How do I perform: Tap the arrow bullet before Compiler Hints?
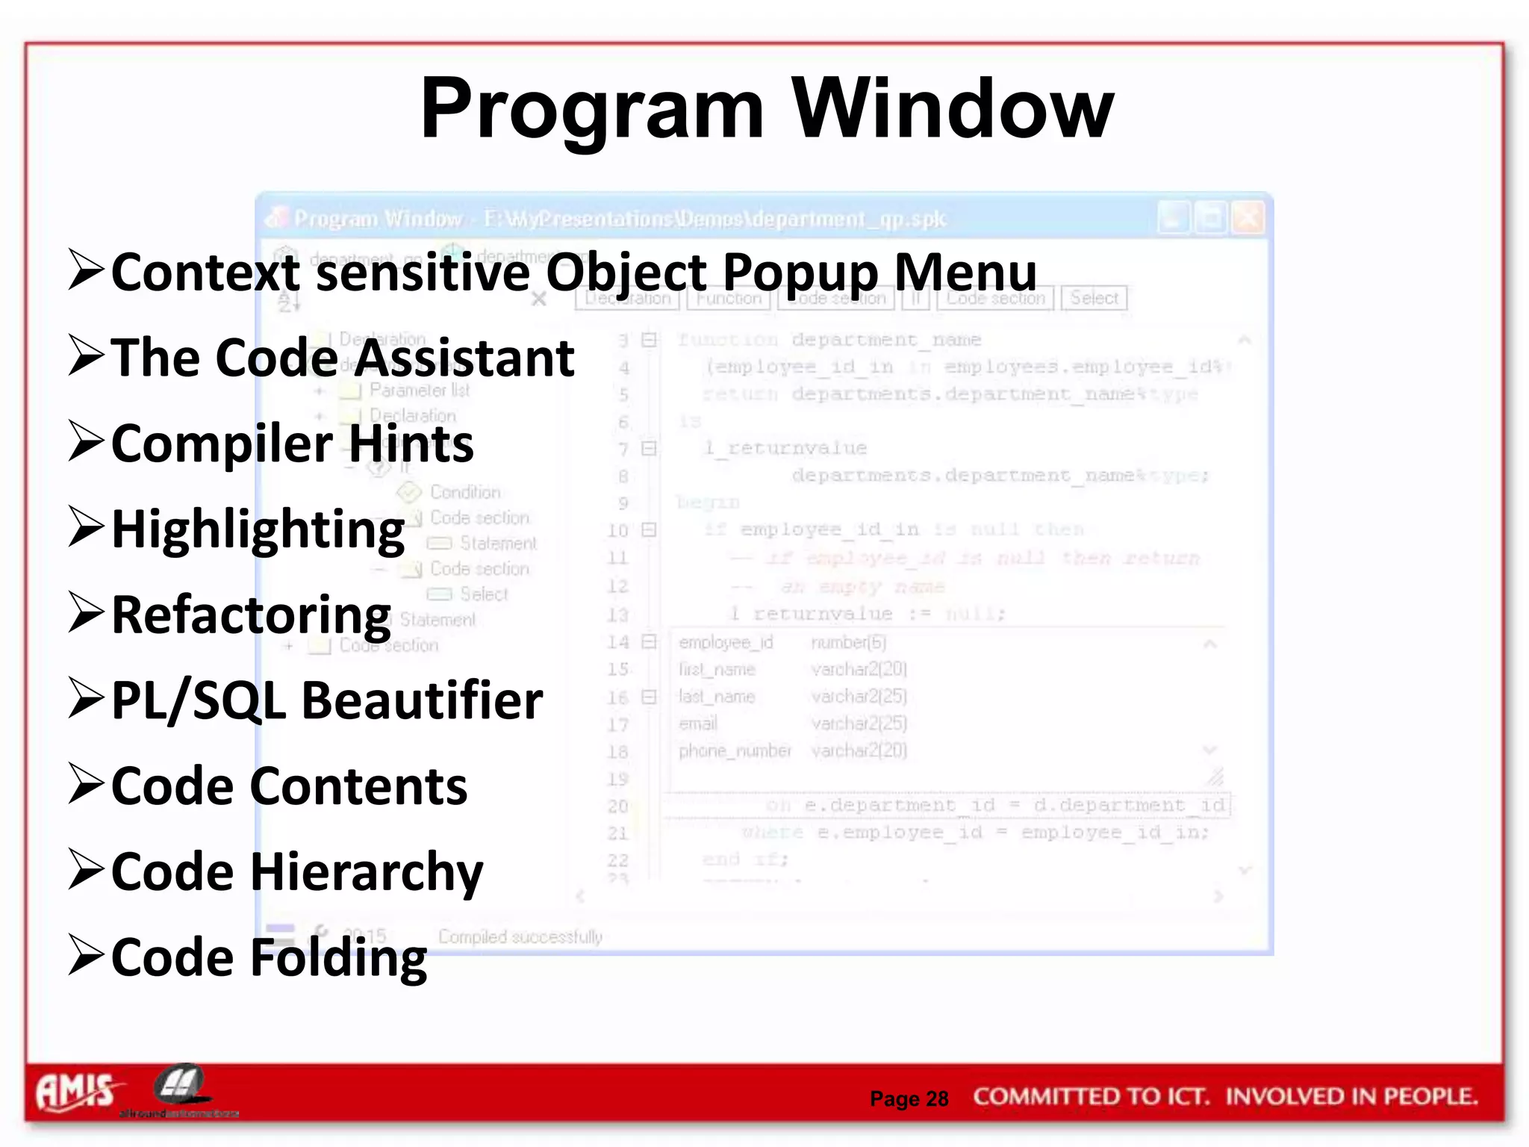click(x=85, y=441)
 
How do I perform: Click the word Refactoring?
click(x=251, y=615)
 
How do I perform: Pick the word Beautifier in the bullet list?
click(x=422, y=700)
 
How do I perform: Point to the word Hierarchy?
click(x=367, y=872)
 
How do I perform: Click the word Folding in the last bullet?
click(x=338, y=958)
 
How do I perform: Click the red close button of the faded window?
click(x=1248, y=218)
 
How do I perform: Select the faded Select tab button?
click(x=1094, y=298)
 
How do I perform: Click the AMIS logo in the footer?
click(x=75, y=1092)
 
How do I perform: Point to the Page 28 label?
click(x=909, y=1098)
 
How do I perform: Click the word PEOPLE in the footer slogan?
click(x=1430, y=1096)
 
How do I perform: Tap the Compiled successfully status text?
click(x=520, y=936)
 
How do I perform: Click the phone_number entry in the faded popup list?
click(x=735, y=750)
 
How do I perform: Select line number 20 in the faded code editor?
click(x=617, y=806)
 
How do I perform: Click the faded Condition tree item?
click(x=464, y=492)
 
